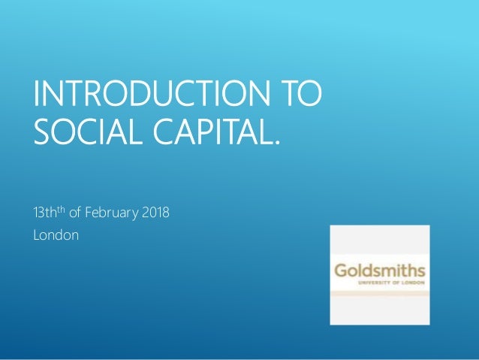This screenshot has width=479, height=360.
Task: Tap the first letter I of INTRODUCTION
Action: pyautogui.click(x=37, y=98)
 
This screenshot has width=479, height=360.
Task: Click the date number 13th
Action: pyautogui.click(x=46, y=213)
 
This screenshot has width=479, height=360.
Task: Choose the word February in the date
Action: pyautogui.click(x=112, y=214)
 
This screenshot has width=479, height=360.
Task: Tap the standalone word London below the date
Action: pyautogui.click(x=56, y=236)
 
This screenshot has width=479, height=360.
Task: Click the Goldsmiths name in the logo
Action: pyautogui.click(x=379, y=270)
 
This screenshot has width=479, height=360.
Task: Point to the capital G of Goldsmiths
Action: pyautogui.click(x=341, y=270)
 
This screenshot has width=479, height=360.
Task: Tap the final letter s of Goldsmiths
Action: pyautogui.click(x=421, y=271)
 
